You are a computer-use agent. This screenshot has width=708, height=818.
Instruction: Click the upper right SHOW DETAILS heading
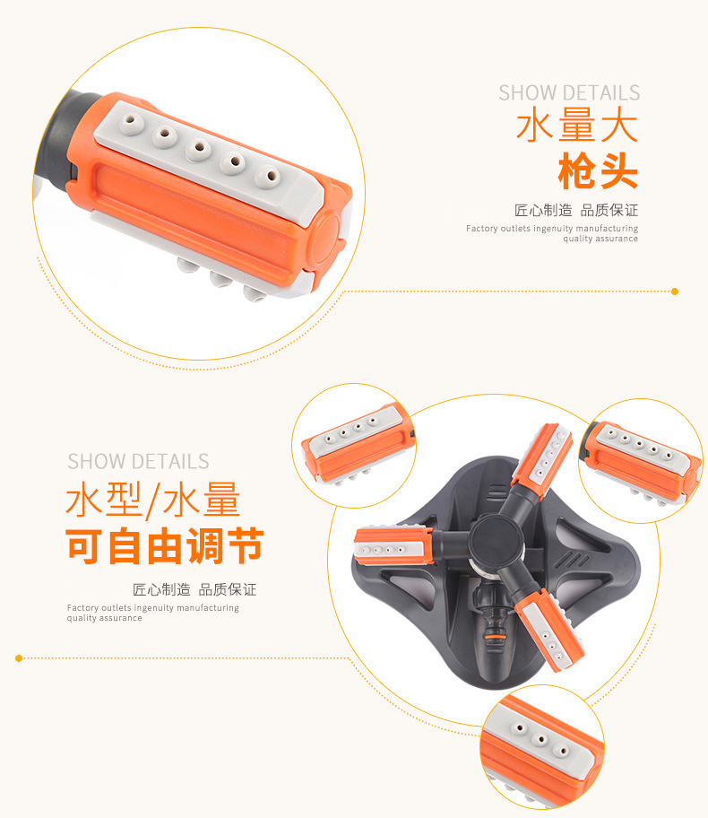pyautogui.click(x=569, y=93)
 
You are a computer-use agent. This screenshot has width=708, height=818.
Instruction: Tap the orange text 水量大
pyautogui.click(x=577, y=126)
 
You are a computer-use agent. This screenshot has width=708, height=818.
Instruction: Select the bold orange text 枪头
pyautogui.click(x=598, y=171)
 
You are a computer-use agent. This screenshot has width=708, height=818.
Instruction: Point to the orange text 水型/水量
pyautogui.click(x=153, y=500)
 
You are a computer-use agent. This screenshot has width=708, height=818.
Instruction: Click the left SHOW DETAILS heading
pyautogui.click(x=138, y=462)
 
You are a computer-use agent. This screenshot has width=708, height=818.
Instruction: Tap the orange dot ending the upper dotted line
pyautogui.click(x=675, y=292)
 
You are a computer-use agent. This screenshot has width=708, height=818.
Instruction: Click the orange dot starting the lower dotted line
pyautogui.click(x=19, y=658)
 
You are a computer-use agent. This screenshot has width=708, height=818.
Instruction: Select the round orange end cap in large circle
pyautogui.click(x=327, y=235)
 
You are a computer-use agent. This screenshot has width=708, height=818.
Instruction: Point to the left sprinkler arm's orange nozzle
pyautogui.click(x=393, y=545)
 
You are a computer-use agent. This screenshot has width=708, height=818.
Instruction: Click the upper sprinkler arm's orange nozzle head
pyautogui.click(x=542, y=454)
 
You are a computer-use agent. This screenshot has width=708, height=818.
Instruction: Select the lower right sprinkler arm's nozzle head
pyautogui.click(x=549, y=630)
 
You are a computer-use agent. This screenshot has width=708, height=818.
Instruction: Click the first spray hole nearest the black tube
pyautogui.click(x=133, y=123)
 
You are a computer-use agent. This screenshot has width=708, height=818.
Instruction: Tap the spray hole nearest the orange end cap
pyautogui.click(x=267, y=177)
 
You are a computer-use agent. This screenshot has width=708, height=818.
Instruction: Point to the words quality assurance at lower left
pyautogui.click(x=104, y=618)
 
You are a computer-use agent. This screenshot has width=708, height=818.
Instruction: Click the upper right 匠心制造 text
pyautogui.click(x=543, y=210)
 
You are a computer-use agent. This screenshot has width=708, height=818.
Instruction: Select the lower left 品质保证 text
pyautogui.click(x=228, y=590)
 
